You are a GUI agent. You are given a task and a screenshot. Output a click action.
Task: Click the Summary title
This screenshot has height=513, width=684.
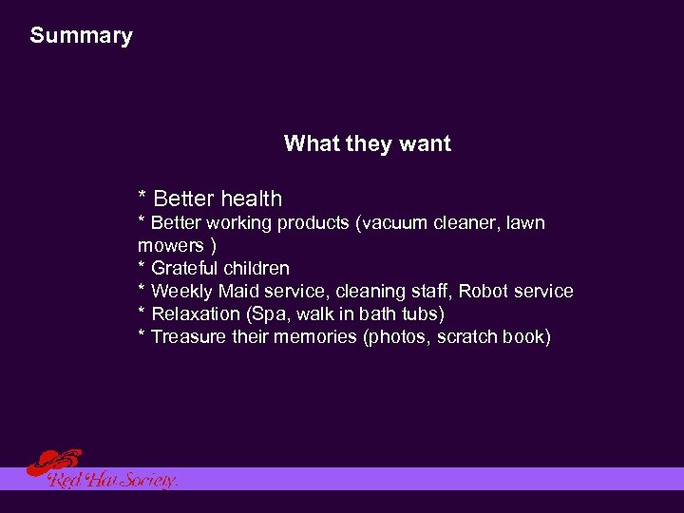pyautogui.click(x=81, y=36)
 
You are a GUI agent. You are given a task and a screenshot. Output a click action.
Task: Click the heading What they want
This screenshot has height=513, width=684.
pyautogui.click(x=367, y=144)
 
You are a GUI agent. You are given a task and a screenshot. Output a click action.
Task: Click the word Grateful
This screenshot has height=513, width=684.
pyautogui.click(x=185, y=268)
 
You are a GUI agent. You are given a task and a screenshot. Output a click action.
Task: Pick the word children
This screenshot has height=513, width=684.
pyautogui.click(x=256, y=268)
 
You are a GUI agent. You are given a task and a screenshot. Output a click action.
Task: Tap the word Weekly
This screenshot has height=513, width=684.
pyautogui.click(x=182, y=291)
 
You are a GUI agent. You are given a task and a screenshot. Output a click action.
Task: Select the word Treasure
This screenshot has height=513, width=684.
pyautogui.click(x=189, y=336)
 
